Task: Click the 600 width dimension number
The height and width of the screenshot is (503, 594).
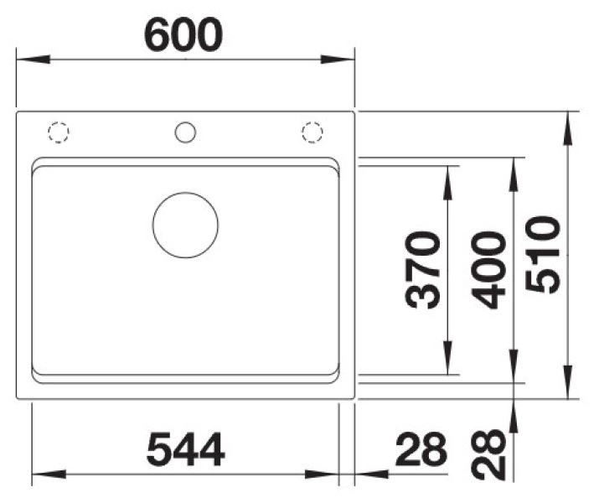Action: (183, 35)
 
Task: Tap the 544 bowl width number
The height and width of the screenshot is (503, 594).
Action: (186, 449)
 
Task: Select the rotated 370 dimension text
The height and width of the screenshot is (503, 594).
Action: (422, 269)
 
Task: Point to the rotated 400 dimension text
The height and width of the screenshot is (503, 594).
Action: (488, 270)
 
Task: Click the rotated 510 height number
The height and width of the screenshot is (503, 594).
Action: (543, 254)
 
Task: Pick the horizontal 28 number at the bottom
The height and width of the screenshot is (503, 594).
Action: (421, 449)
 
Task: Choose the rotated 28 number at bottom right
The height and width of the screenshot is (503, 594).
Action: (488, 454)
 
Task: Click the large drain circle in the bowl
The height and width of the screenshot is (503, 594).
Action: (185, 193)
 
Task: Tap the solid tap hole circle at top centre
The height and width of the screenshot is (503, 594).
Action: (185, 122)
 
